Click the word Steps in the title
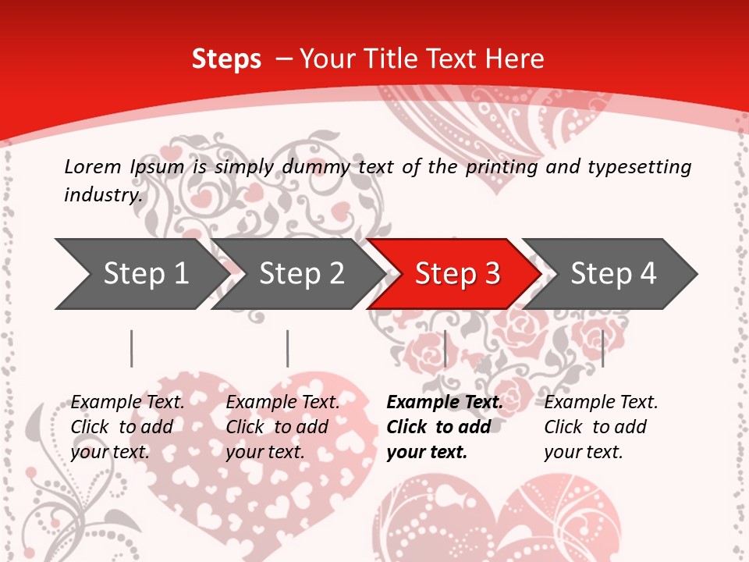tap(226, 59)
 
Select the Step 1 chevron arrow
tap(140, 274)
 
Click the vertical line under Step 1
tap(132, 348)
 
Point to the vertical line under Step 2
tap(288, 348)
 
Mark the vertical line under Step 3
tap(445, 348)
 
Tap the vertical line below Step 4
tap(602, 348)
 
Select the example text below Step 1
tap(127, 427)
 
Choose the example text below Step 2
tap(282, 427)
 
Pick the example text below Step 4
tap(601, 427)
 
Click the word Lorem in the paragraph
tap(93, 167)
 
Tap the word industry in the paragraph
tap(103, 195)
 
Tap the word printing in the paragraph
tap(496, 167)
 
